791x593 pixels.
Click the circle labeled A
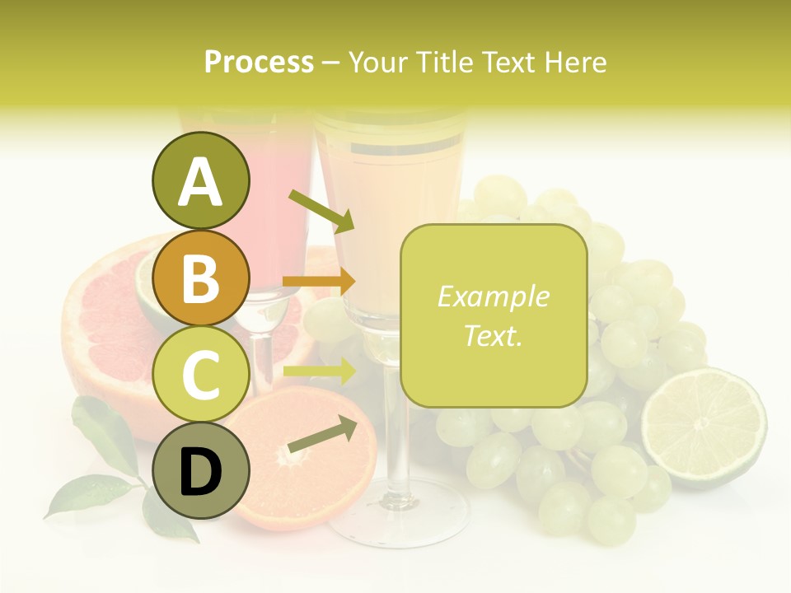(x=200, y=180)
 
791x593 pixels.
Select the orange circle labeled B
(x=200, y=278)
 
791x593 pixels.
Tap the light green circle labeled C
(x=200, y=374)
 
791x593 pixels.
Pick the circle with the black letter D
(x=200, y=471)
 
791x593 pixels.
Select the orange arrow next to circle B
(x=319, y=282)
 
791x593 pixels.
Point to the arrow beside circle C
(x=319, y=371)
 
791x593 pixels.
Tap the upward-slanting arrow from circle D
(x=322, y=435)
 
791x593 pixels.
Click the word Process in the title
(x=259, y=63)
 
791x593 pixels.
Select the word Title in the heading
(x=443, y=63)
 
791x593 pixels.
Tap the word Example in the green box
(x=493, y=296)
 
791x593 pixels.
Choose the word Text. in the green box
(x=493, y=335)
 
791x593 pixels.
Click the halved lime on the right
(x=704, y=427)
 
